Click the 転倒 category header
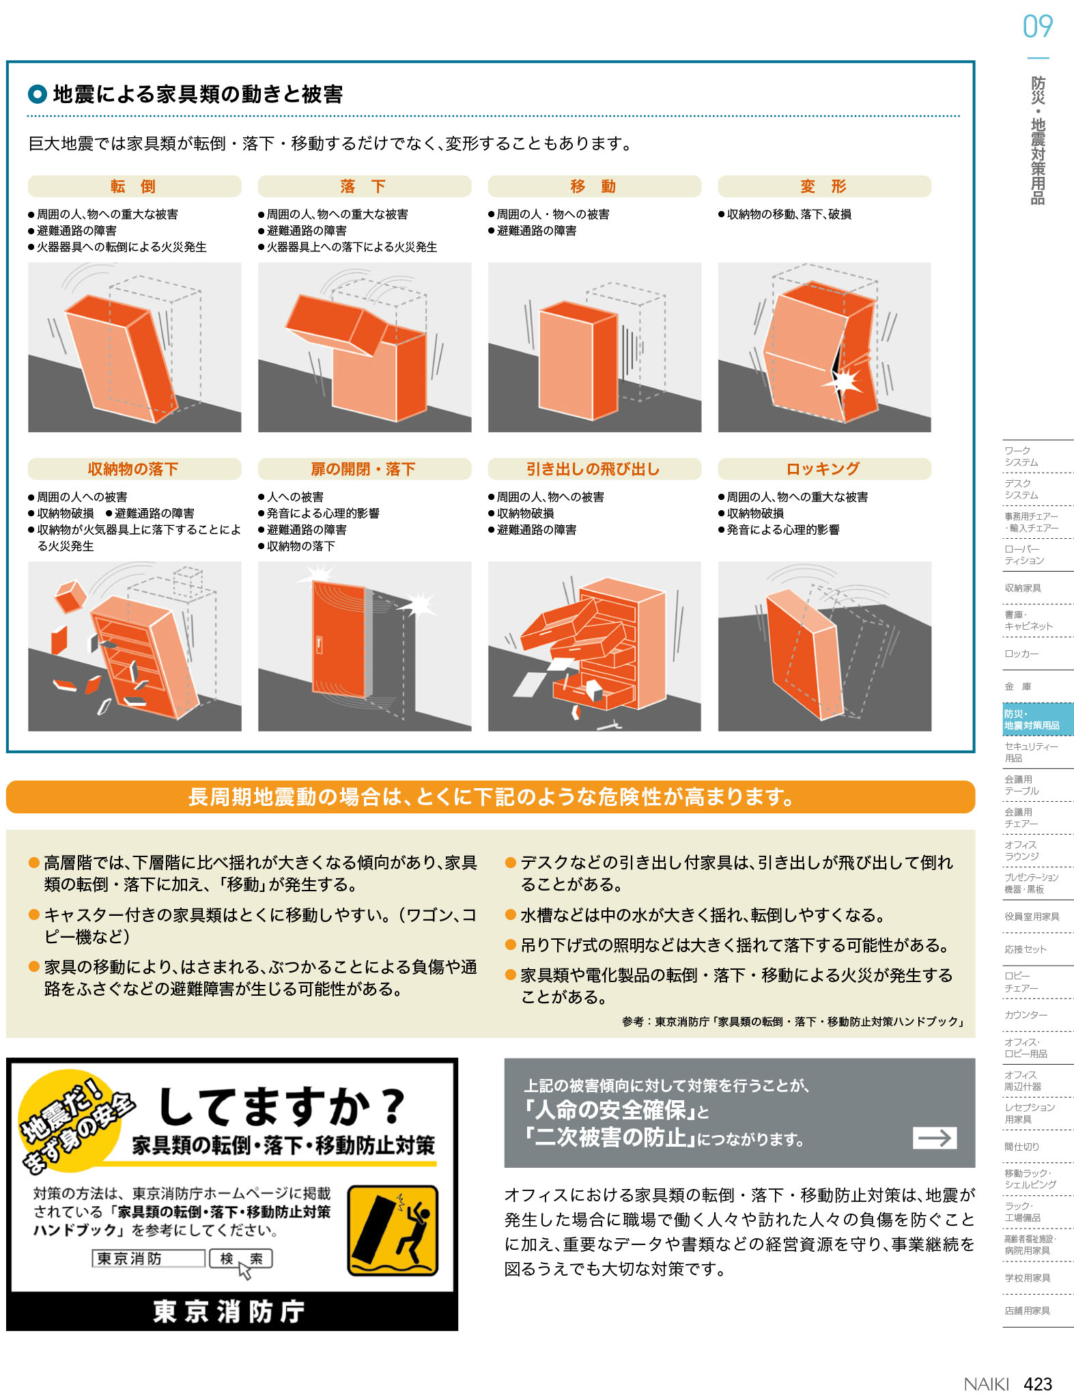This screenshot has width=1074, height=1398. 134,186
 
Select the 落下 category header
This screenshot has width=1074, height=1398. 364,186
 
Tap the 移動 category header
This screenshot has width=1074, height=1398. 594,186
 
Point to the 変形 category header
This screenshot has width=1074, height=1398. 824,186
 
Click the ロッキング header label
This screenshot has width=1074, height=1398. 824,469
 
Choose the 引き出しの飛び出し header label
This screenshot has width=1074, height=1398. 594,469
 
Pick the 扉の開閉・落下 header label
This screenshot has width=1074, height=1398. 364,469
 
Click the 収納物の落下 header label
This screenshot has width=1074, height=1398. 134,469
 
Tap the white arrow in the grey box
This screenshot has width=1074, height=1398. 935,1137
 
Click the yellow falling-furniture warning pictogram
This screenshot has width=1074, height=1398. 393,1231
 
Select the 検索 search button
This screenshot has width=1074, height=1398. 241,1258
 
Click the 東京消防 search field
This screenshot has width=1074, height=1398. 148,1258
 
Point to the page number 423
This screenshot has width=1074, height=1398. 1038,1384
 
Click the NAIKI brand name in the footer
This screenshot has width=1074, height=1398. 986,1384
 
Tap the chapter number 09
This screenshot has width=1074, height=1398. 1038,27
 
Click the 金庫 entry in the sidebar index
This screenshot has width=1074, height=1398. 1018,686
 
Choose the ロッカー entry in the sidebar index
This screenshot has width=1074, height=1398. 1021,654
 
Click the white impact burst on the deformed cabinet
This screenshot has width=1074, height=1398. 844,380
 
